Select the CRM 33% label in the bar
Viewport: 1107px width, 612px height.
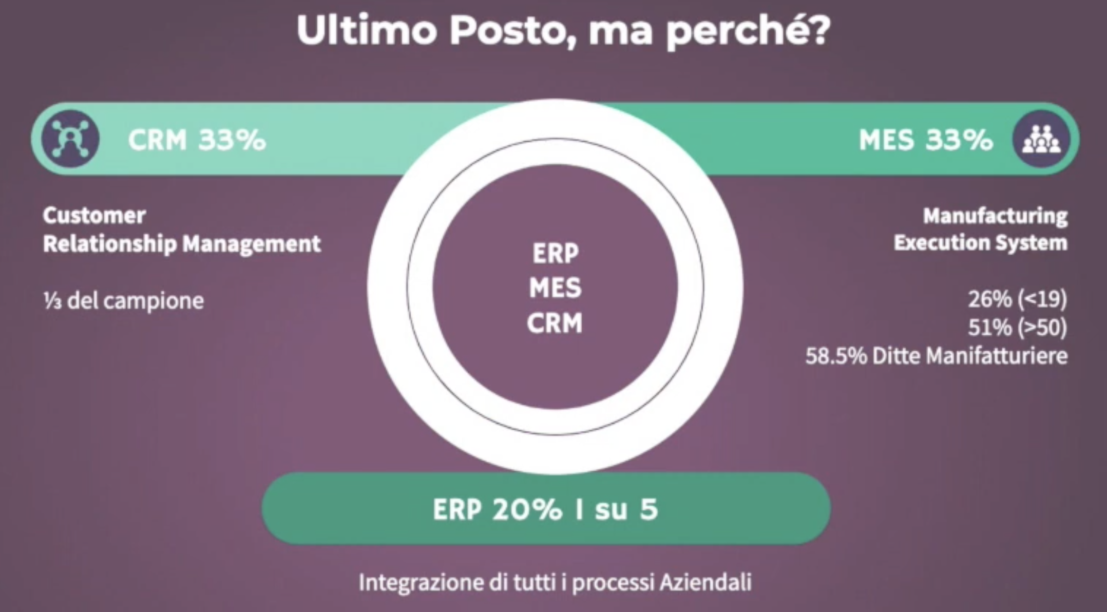click(x=197, y=140)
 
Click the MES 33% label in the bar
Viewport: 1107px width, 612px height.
click(x=926, y=140)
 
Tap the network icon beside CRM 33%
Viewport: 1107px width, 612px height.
click(x=71, y=139)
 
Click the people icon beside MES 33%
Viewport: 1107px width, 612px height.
click(x=1041, y=139)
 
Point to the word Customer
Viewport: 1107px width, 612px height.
click(x=94, y=216)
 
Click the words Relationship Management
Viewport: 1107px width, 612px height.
click(x=182, y=244)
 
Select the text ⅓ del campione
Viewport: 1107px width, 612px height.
click(x=124, y=300)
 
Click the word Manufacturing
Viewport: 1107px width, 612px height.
click(x=996, y=216)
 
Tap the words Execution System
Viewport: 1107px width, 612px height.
click(x=981, y=243)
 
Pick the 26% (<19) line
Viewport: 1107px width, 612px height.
click(x=1018, y=299)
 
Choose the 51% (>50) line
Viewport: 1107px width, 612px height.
click(x=1018, y=327)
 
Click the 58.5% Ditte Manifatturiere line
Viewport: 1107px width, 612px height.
click(x=937, y=355)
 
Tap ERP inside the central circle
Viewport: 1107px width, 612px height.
click(x=556, y=254)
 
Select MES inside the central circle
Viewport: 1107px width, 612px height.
click(x=556, y=288)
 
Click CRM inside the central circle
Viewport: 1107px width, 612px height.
click(x=555, y=323)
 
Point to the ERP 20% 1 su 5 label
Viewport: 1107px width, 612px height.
click(x=545, y=509)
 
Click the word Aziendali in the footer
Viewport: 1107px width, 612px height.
click(x=705, y=582)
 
